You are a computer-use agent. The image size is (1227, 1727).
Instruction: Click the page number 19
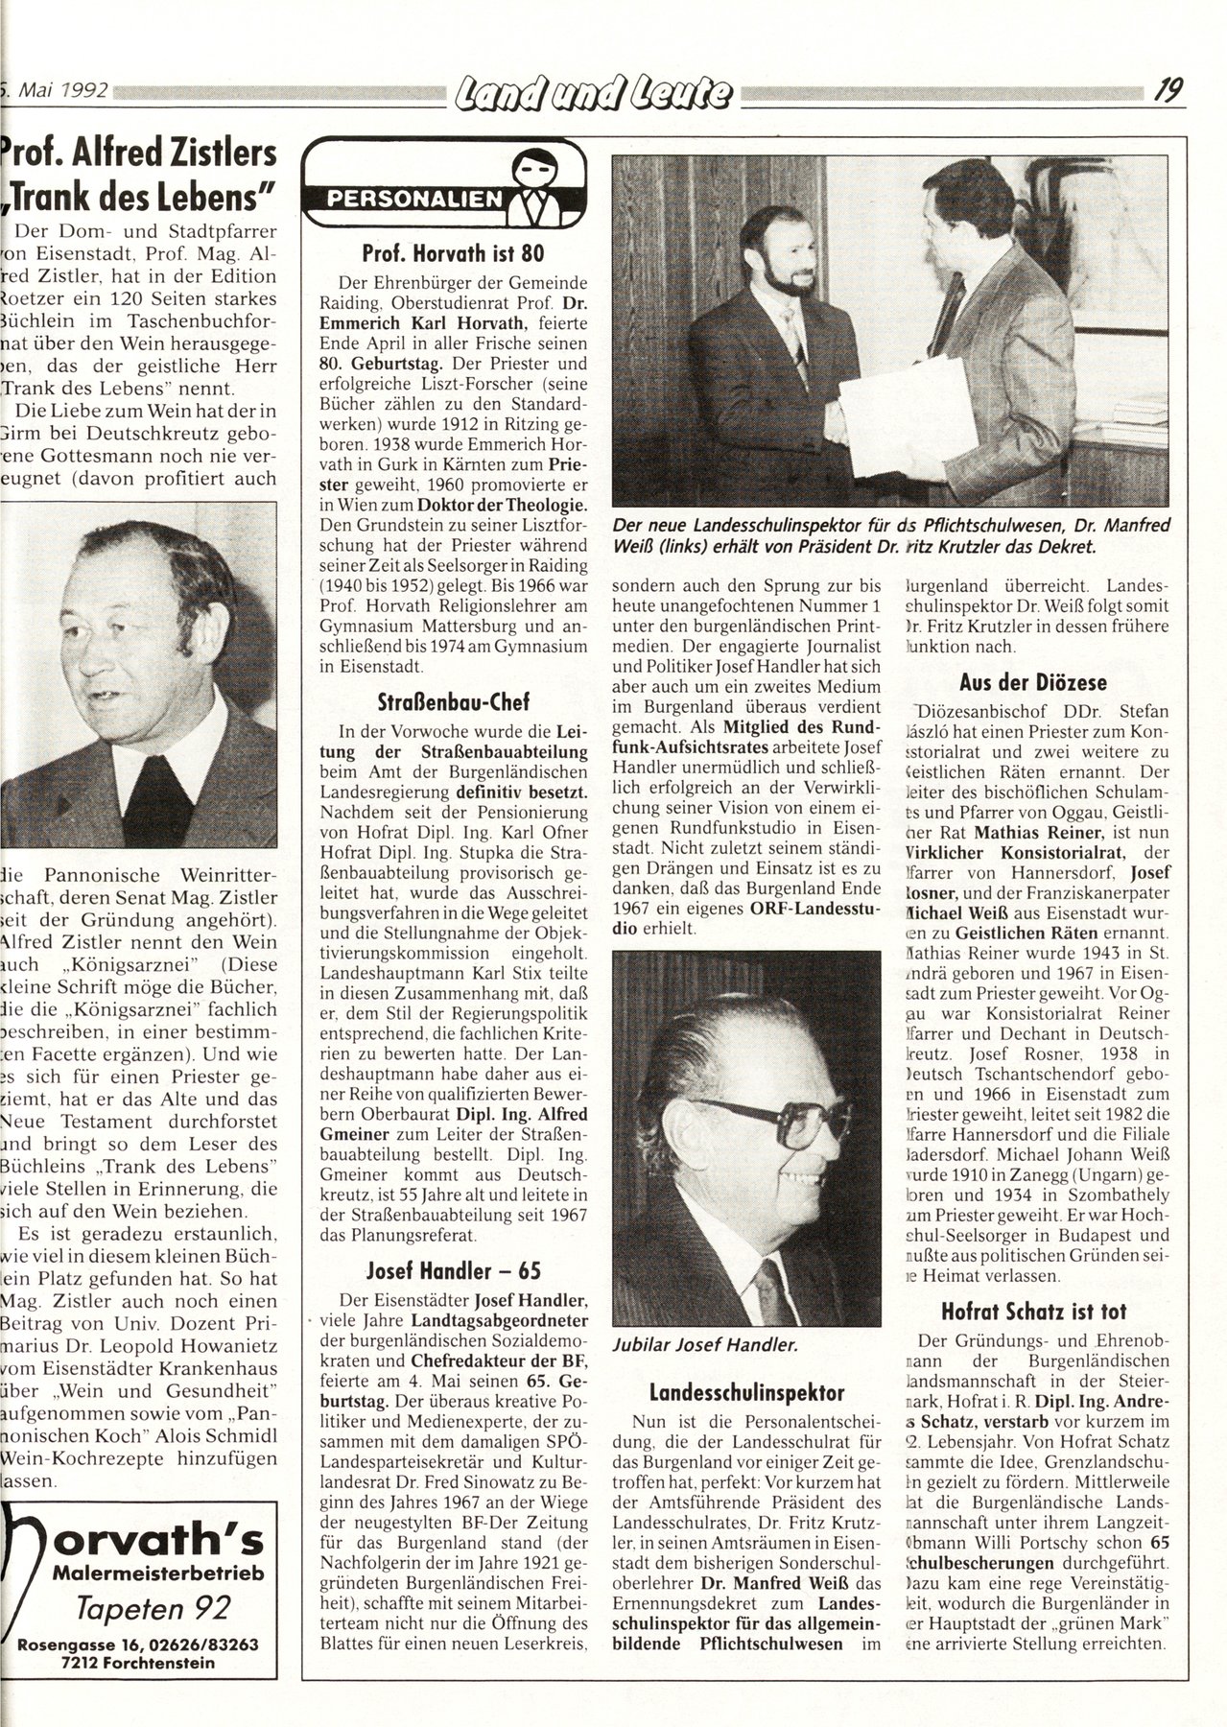coord(1167,91)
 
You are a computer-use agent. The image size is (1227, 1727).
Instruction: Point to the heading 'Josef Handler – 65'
coord(454,1271)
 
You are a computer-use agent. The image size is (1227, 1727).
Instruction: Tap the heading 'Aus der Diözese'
coord(1031,683)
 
